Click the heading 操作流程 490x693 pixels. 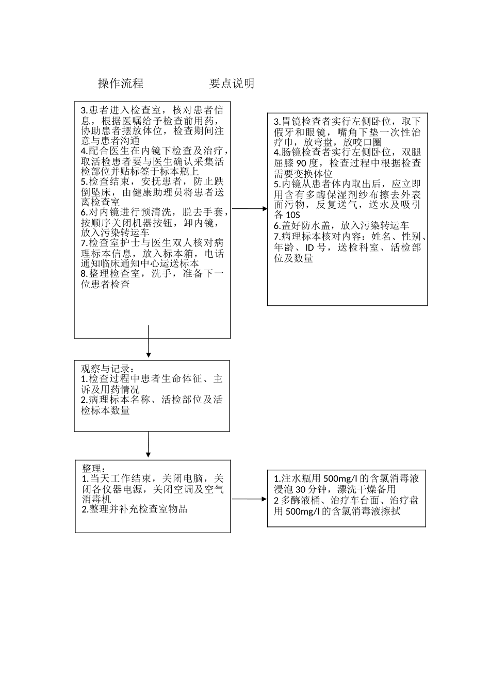121,84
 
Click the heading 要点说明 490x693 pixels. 232,84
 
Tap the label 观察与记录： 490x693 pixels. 108,369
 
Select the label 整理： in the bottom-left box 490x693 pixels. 94,469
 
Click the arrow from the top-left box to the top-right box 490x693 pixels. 249,209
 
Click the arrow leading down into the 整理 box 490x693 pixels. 148,444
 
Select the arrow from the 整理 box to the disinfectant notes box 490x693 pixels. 249,499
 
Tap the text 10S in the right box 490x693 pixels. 293,214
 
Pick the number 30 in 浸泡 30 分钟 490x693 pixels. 301,489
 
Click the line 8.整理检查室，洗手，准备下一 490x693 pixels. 153,274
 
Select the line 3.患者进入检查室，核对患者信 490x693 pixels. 153,110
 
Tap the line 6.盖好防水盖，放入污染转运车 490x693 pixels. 341,226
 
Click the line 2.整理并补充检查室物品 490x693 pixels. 134,509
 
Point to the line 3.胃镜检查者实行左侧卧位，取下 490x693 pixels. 347,122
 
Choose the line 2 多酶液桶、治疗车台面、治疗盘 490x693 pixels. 346,501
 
